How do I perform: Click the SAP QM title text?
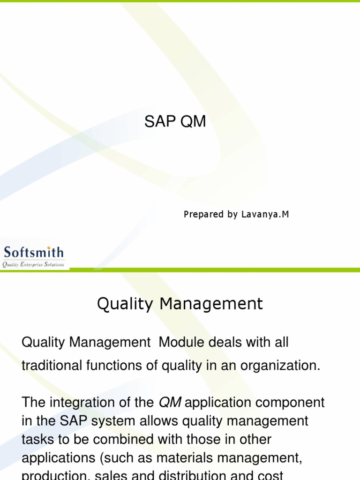(175, 122)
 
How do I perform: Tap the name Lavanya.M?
(265, 215)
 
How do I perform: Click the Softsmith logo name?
(34, 253)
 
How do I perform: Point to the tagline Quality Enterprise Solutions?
(33, 265)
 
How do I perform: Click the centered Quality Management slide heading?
(180, 304)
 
